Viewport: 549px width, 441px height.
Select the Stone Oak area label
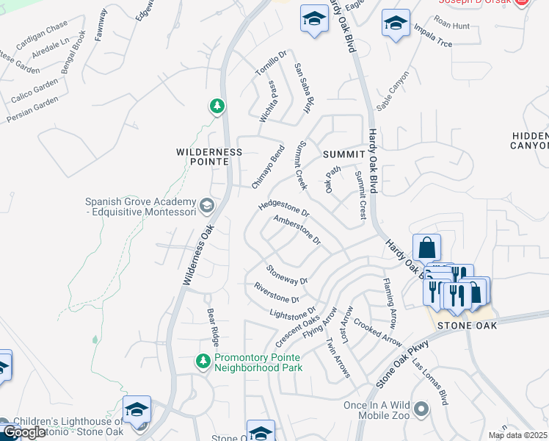pyautogui.click(x=467, y=325)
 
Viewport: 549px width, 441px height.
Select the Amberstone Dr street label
pyautogui.click(x=297, y=229)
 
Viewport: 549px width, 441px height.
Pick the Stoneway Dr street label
pyautogui.click(x=286, y=275)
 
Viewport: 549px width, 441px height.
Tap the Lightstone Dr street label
pyautogui.click(x=292, y=313)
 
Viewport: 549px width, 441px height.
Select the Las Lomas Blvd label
pyautogui.click(x=430, y=383)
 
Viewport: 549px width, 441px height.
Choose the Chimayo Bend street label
pyautogui.click(x=268, y=167)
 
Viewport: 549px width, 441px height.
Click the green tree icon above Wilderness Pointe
pyautogui.click(x=217, y=107)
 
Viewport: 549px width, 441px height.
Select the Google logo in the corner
pyautogui.click(x=23, y=432)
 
